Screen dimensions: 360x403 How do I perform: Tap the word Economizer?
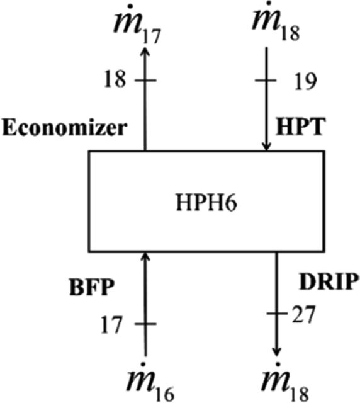(64, 128)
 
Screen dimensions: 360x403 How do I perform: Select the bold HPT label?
(300, 127)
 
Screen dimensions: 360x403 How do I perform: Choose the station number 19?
(305, 81)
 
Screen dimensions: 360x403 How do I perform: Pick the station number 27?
(303, 315)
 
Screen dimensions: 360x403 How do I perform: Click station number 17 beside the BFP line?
(111, 325)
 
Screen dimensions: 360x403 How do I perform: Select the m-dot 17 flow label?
(137, 25)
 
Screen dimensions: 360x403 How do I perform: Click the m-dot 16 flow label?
(151, 382)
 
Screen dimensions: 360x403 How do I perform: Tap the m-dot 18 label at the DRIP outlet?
(284, 382)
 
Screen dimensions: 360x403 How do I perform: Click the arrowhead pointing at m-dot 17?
(145, 51)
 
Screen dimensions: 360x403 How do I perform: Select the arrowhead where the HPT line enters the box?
(267, 147)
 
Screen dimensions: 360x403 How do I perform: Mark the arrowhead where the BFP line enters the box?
(145, 256)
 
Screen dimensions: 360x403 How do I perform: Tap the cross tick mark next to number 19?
(266, 81)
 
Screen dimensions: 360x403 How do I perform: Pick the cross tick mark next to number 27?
(276, 314)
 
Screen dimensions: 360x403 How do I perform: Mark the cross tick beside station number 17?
(145, 324)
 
